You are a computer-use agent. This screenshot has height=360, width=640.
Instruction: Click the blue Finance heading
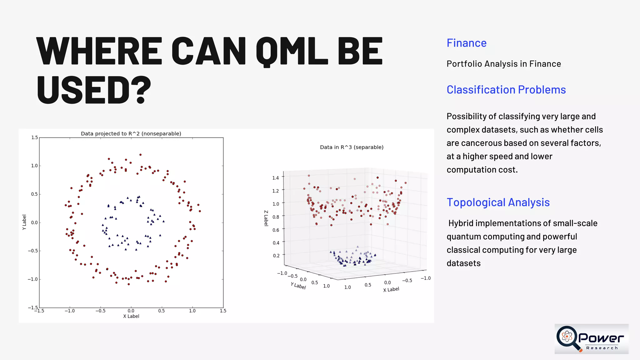point(466,43)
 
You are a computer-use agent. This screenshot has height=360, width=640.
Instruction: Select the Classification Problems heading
point(506,90)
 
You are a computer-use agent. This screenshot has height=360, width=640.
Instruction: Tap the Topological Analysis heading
point(498,202)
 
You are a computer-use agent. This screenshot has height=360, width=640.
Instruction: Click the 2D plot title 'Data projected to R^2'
point(131,134)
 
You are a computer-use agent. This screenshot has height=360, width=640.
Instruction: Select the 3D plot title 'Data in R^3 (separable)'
point(352,147)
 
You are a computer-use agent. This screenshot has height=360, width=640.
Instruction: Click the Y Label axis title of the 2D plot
point(24,222)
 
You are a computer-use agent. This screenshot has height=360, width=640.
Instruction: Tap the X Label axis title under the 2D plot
point(131,316)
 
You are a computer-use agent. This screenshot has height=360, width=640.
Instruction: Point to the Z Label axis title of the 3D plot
point(266,218)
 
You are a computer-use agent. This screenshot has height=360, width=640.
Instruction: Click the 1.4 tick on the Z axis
point(275,178)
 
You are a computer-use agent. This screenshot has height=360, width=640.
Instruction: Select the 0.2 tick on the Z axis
point(276,256)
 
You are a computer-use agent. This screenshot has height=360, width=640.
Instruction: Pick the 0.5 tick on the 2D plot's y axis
point(34,194)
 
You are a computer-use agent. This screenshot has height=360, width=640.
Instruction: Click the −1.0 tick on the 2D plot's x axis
point(69,311)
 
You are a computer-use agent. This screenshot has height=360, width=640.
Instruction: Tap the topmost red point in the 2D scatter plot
point(140,155)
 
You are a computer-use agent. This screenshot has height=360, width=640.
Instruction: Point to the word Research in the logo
point(602,348)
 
